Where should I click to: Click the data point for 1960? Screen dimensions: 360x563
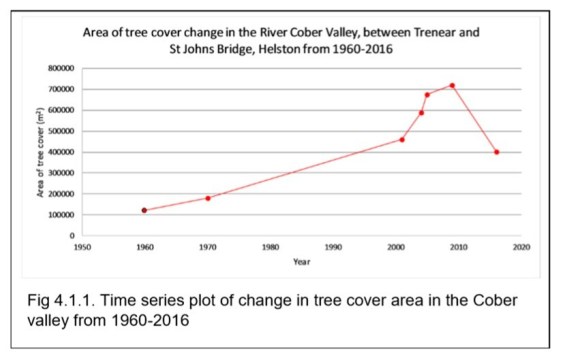click(144, 210)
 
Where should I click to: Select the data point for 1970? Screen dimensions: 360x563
click(208, 198)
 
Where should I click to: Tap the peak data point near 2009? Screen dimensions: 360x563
click(452, 85)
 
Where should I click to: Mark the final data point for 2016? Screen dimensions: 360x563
click(496, 152)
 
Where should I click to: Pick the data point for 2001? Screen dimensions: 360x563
click(402, 139)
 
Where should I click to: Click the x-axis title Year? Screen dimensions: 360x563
click(301, 261)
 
